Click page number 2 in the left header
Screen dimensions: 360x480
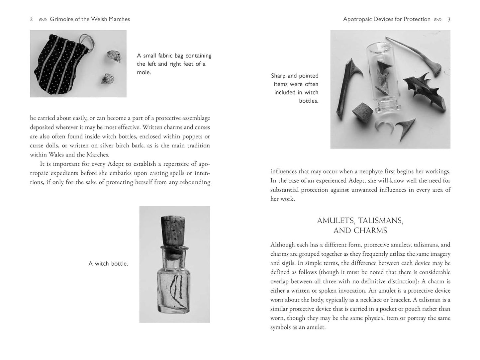tap(32, 20)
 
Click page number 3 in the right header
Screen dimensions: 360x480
tap(449, 20)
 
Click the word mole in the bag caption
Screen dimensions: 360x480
tap(144, 72)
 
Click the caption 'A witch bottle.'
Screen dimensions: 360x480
tap(108, 264)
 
